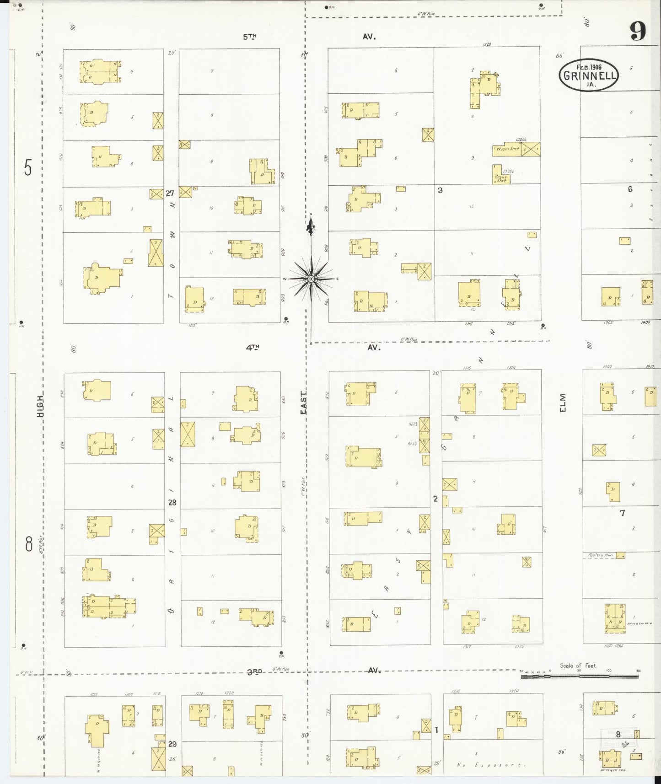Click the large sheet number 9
click(x=638, y=31)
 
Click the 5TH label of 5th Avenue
click(x=250, y=37)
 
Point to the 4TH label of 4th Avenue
click(x=252, y=347)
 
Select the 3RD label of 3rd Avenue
click(x=254, y=671)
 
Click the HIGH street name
click(x=40, y=406)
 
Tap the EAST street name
click(x=304, y=402)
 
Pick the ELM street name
click(x=563, y=403)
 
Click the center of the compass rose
click(x=311, y=279)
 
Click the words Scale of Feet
click(x=578, y=666)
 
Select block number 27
click(x=170, y=193)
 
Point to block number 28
click(x=172, y=502)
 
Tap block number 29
click(x=172, y=744)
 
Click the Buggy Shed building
click(x=501, y=174)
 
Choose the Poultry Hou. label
click(x=601, y=555)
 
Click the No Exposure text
click(x=491, y=765)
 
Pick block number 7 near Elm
click(x=622, y=513)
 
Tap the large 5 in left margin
click(x=28, y=168)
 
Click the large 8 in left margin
click(x=29, y=544)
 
